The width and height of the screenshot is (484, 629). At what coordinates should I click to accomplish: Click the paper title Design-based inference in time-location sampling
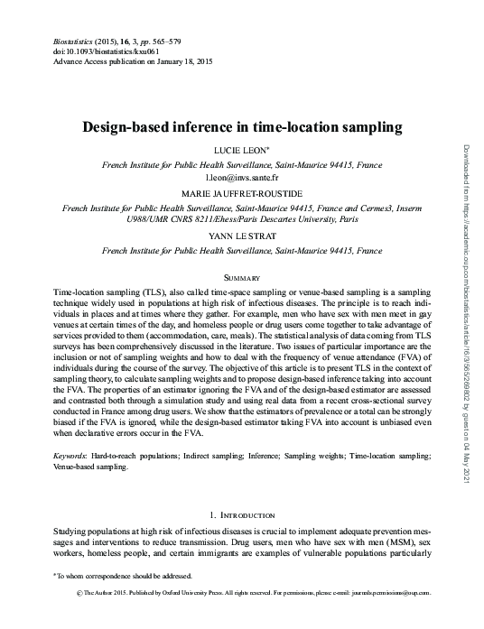tap(242, 128)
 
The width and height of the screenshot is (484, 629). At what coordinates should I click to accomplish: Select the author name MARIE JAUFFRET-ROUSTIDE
tap(242, 195)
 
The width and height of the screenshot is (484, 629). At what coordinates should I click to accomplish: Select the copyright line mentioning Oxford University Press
tap(242, 593)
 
